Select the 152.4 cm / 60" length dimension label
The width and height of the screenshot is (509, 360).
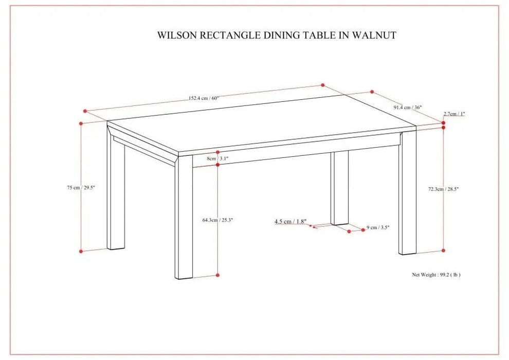[204, 98]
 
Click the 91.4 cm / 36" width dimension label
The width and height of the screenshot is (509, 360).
[408, 107]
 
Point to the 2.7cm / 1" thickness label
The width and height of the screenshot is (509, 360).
[455, 114]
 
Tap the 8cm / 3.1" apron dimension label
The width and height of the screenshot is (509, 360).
[217, 159]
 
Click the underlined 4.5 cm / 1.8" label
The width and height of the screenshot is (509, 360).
[290, 222]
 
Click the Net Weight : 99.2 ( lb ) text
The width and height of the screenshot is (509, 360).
[436, 275]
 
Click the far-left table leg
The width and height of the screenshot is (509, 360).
[116, 195]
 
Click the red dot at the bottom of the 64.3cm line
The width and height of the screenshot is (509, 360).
[218, 276]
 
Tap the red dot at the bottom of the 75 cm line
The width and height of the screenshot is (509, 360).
[81, 251]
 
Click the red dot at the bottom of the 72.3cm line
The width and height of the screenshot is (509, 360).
[444, 250]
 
